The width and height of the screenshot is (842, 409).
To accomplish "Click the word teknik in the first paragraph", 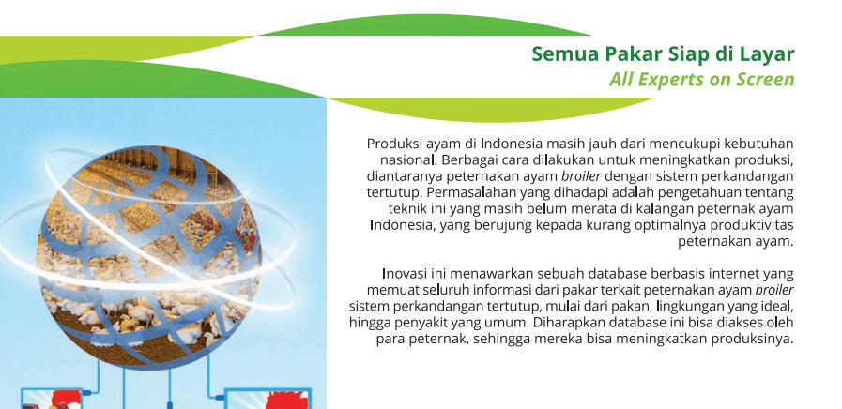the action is tap(406, 209).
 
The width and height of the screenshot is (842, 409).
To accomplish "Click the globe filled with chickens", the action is tap(148, 259).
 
